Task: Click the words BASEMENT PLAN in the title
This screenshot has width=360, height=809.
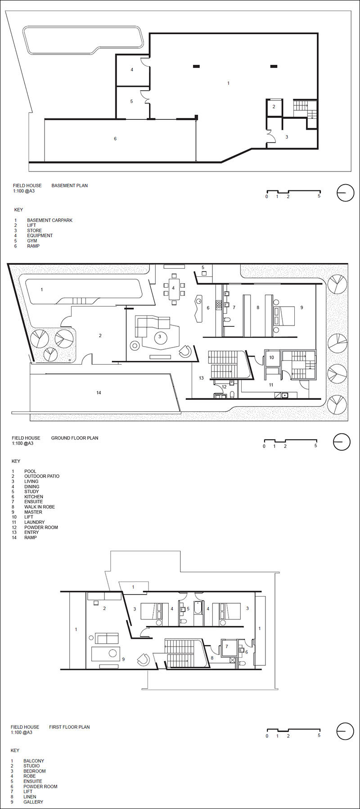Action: [x=70, y=185]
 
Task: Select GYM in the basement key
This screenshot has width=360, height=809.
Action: [x=32, y=241]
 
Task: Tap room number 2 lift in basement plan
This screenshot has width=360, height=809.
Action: [x=274, y=107]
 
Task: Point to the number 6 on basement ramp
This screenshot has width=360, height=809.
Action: [x=115, y=139]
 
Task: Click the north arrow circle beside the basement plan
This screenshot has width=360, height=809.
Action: [x=345, y=193]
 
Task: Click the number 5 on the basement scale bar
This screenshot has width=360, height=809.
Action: [x=319, y=196]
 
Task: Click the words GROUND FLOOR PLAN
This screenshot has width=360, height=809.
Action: [x=75, y=438]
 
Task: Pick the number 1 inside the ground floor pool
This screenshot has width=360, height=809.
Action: [x=42, y=289]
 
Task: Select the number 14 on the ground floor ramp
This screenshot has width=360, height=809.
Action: [x=99, y=393]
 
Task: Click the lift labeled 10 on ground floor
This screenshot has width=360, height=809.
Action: [x=271, y=357]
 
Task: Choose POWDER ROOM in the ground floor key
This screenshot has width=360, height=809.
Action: [x=41, y=527]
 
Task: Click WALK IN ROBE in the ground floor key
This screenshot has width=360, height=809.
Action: [x=40, y=507]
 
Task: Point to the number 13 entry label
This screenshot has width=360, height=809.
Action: [x=201, y=378]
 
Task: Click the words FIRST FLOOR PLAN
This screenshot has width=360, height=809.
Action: [x=69, y=727]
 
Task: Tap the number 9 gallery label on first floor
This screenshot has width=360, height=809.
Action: [x=123, y=660]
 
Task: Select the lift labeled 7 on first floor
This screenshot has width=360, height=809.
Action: [x=227, y=647]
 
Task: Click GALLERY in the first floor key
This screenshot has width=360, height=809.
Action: [x=33, y=802]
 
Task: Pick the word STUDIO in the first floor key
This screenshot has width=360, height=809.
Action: [x=31, y=766]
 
